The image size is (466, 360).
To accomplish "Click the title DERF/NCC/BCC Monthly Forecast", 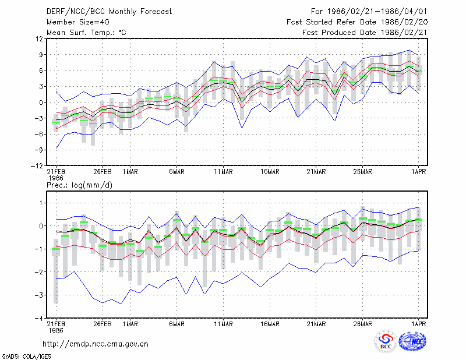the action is coord(109,12).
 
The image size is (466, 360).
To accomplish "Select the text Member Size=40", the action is coord(78,22).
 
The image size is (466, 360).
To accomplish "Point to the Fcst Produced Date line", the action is coord(365,33).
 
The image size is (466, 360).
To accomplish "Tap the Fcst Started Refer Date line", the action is coord(357,22).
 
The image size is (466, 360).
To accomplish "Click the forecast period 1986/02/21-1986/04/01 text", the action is coord(369,12).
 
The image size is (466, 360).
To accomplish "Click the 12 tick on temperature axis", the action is coord(40,38).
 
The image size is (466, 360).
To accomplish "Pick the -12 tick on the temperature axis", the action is coord(37,165).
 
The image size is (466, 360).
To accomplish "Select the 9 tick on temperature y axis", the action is coord(41,54).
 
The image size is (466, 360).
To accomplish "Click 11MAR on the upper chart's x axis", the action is coord(224,172).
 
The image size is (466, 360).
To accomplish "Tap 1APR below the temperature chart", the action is coord(419,172).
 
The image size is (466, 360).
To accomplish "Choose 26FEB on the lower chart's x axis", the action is coord(103,324).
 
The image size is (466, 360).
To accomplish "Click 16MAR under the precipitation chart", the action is coord(270,324).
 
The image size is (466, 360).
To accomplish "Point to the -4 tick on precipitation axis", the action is coord(39,318).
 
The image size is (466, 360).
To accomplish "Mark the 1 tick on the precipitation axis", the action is coord(41,203).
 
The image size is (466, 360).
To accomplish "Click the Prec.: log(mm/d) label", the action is coord(79,185).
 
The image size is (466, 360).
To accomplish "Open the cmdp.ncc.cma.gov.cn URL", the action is coord(96,344).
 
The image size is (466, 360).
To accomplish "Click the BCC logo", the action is coord(386,341).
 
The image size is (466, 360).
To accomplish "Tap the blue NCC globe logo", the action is coord(412,341).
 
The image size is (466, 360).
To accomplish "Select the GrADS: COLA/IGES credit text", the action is coord(27,357).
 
